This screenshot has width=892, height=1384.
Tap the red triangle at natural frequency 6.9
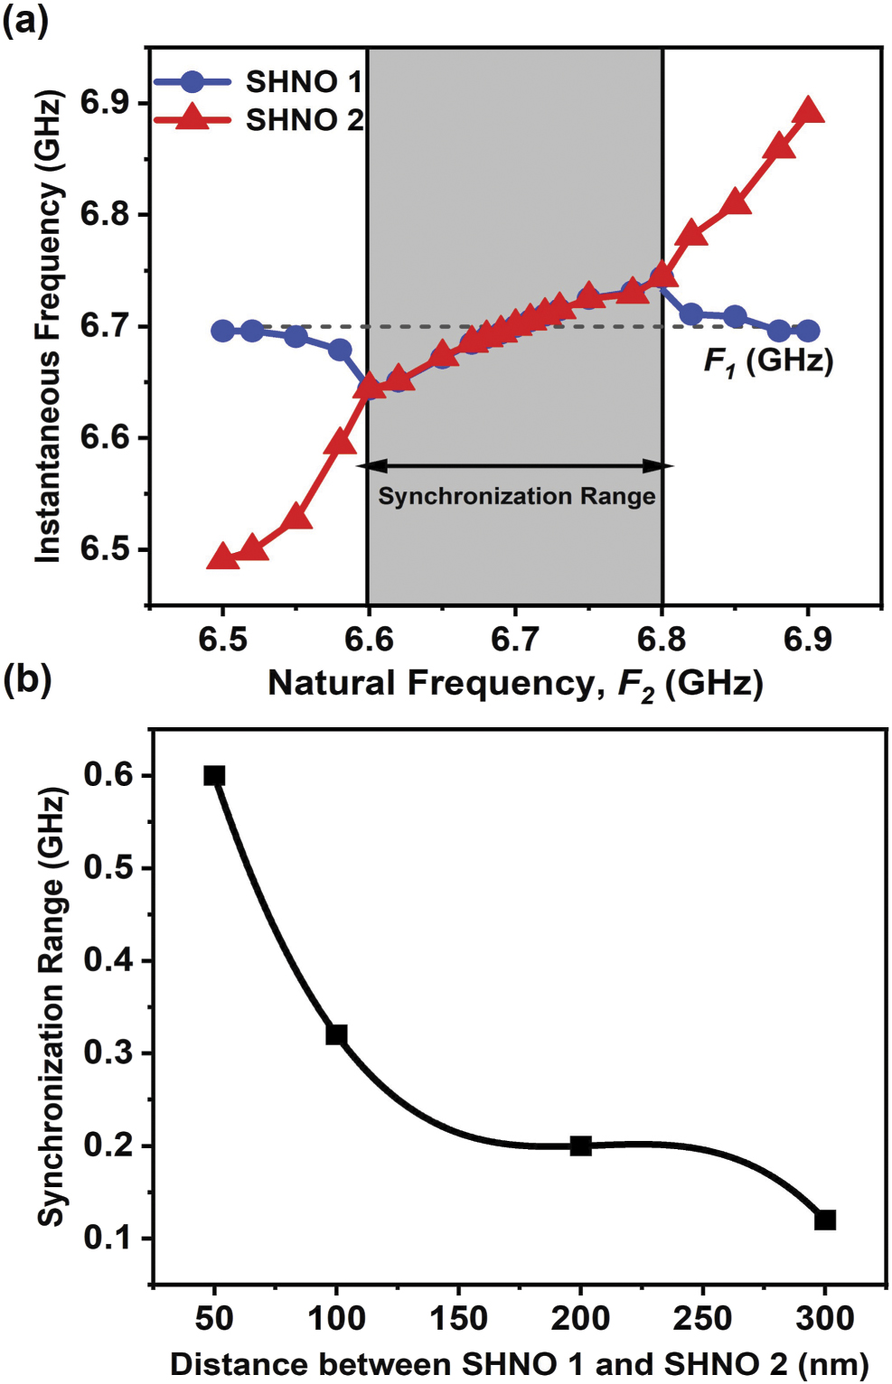click(808, 112)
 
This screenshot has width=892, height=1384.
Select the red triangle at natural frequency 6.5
click(222, 556)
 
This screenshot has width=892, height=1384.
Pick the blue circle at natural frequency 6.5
click(222, 331)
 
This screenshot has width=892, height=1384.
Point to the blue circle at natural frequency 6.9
click(808, 332)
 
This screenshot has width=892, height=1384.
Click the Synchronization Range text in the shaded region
click(516, 496)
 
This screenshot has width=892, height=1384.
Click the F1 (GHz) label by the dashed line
click(768, 361)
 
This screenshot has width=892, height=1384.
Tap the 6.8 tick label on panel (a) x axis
click(662, 640)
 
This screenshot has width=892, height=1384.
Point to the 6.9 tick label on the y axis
click(105, 103)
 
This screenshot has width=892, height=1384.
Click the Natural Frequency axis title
click(515, 684)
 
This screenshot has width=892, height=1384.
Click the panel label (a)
click(25, 20)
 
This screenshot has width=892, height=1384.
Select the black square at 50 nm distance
click(214, 775)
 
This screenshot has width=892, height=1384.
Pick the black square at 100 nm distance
click(336, 1034)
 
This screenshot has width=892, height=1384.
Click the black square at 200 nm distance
click(580, 1146)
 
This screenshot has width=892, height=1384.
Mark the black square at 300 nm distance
click(824, 1220)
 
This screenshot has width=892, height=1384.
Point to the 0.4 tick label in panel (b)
click(108, 959)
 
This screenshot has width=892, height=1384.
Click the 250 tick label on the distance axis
click(702, 1319)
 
